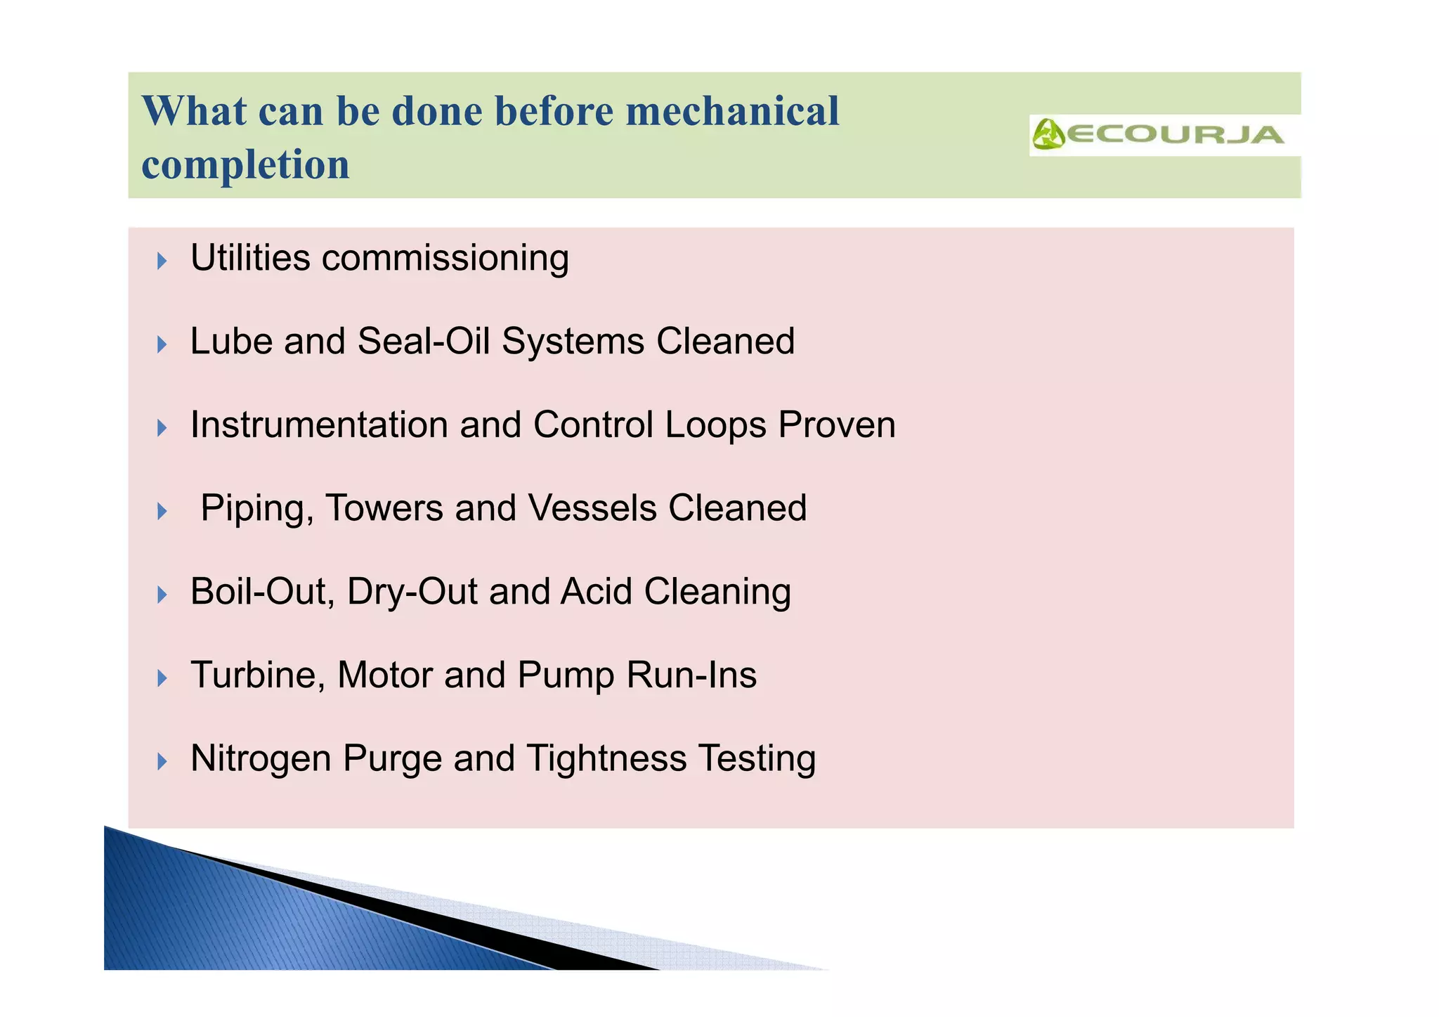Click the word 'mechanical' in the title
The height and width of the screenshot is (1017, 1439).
[732, 111]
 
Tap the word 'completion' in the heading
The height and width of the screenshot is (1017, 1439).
[245, 164]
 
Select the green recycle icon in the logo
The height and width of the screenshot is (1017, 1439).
[1048, 134]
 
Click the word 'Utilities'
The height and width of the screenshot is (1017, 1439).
[250, 258]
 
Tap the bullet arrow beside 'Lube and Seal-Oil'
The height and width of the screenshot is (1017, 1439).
[162, 344]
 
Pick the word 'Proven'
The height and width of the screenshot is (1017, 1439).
[837, 425]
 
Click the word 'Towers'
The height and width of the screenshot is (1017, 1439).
[384, 508]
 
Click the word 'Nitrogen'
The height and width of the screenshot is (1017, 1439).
[261, 760]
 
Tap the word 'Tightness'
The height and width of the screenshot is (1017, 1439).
[606, 759]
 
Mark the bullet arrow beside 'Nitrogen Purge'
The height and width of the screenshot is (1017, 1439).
[162, 761]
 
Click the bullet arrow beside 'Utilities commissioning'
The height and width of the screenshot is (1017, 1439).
[162, 261]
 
